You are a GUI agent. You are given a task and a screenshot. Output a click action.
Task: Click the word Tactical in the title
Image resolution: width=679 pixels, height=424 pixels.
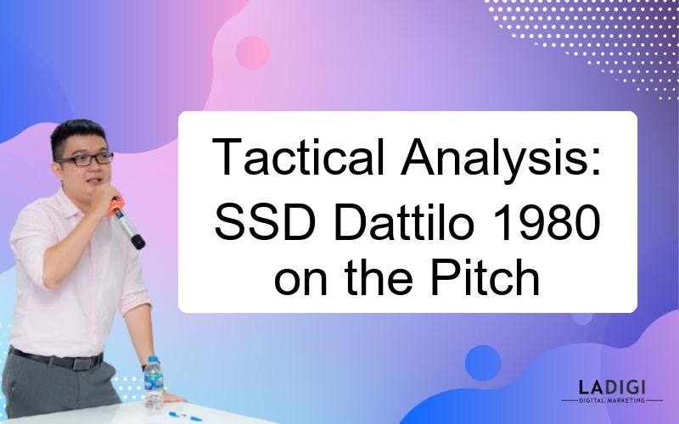click(299, 156)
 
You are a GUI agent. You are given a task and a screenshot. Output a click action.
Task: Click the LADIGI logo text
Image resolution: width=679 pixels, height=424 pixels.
click(612, 388)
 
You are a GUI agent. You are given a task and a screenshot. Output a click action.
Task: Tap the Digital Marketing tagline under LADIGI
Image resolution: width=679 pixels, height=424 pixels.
click(612, 400)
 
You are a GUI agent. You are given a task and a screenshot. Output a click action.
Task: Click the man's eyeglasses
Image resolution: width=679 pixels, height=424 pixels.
click(86, 159)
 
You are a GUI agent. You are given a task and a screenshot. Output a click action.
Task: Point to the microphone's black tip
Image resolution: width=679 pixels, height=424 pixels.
click(138, 242)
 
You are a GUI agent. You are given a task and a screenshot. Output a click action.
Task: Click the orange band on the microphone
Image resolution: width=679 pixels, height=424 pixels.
click(115, 207)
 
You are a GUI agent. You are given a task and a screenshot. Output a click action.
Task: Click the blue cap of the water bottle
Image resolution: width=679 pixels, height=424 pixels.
click(153, 359)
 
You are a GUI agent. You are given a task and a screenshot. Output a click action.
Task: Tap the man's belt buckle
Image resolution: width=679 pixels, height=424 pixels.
click(82, 363)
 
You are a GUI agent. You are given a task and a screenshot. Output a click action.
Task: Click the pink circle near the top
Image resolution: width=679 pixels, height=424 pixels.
click(252, 53)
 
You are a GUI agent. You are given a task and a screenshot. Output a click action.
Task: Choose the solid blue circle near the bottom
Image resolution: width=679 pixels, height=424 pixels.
click(483, 363)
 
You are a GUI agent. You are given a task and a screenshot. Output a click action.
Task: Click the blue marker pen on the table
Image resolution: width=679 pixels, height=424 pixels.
click(185, 416)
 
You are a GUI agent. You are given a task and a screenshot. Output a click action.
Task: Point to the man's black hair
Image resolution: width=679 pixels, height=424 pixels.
click(78, 135)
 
